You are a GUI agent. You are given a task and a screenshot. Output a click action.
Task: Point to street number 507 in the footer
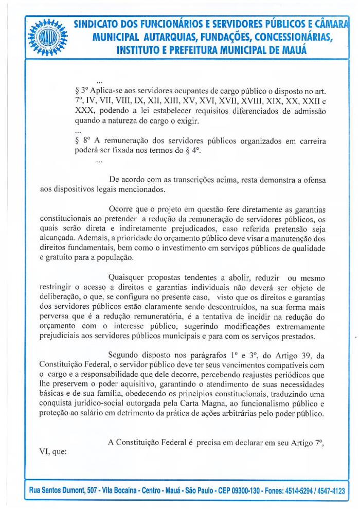102,491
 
